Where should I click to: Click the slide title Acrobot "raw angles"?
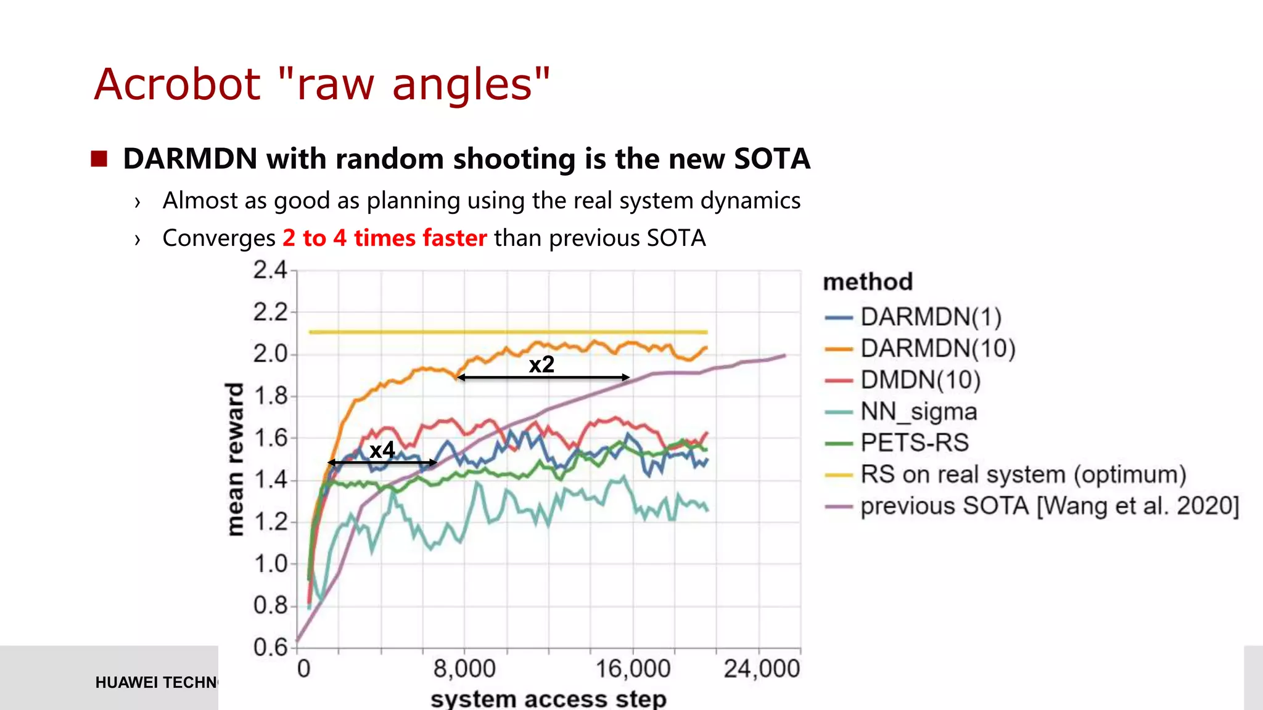(321, 84)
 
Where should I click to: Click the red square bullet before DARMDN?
(99, 159)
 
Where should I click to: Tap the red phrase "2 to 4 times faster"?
(385, 238)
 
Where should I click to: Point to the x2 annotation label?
(541, 364)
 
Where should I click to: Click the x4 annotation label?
(382, 450)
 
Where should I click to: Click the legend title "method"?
(868, 282)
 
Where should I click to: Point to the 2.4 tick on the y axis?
(270, 270)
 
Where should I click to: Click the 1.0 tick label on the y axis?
(270, 563)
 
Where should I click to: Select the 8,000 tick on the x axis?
(464, 669)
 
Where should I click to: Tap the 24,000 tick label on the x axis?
(762, 669)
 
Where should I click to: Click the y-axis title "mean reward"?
(235, 459)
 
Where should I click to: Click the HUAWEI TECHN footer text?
(157, 682)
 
